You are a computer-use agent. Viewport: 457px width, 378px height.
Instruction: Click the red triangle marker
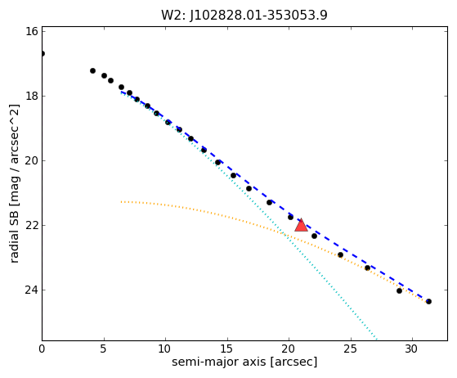(301, 225)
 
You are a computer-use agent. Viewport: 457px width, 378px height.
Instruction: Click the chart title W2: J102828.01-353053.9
(244, 16)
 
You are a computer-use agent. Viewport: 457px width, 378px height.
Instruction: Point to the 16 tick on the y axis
(32, 31)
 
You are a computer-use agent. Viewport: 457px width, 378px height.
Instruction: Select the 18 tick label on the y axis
(32, 96)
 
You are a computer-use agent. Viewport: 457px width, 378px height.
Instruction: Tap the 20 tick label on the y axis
(32, 160)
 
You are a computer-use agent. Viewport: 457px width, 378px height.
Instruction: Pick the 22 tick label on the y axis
(32, 226)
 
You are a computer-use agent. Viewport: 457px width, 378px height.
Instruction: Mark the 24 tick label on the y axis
(32, 290)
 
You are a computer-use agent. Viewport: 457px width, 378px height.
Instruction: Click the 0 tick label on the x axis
(42, 349)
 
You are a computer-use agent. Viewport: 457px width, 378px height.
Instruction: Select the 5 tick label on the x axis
(104, 349)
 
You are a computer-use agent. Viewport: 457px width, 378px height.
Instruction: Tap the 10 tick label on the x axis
(165, 349)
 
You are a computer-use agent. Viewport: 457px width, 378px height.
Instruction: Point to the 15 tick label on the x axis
(227, 349)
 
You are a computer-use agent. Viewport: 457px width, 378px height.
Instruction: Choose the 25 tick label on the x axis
(351, 349)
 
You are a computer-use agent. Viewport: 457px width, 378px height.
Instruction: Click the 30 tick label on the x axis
(412, 349)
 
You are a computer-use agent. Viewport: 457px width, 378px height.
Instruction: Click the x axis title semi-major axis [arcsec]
(244, 362)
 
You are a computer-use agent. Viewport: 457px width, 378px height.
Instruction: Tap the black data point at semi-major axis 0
(43, 54)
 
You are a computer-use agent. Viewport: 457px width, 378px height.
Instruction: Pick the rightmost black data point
(428, 302)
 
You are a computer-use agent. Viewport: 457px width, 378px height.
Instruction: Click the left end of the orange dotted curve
(122, 201)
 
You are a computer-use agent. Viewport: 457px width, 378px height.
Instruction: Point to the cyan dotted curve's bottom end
(377, 340)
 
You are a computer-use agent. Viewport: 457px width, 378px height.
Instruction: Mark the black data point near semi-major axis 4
(92, 71)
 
